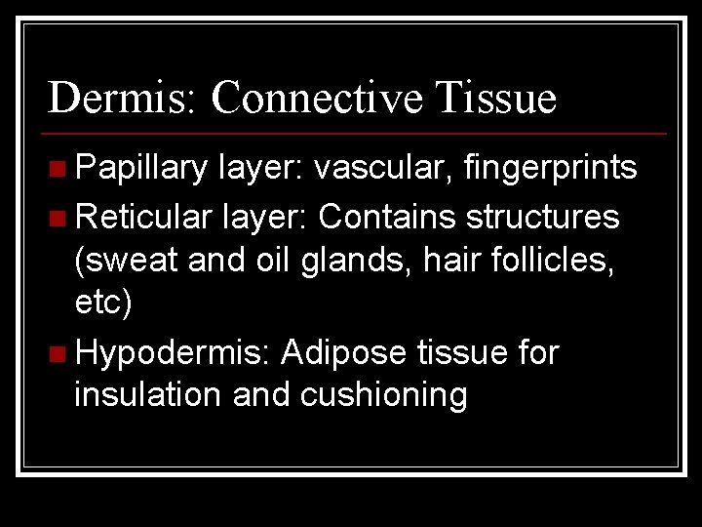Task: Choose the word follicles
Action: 554,261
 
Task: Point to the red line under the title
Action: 357,133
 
